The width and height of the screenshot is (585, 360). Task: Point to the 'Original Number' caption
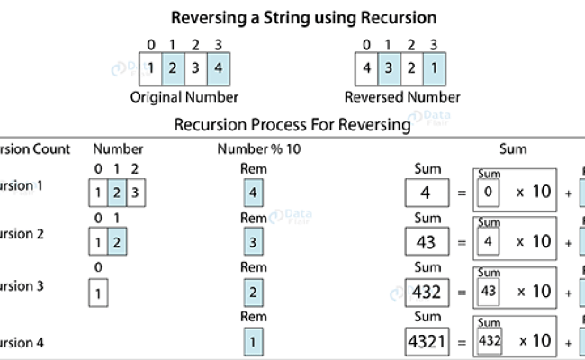click(x=184, y=96)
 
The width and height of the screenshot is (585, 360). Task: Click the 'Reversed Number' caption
click(x=402, y=96)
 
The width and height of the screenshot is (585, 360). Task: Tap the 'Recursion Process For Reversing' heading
click(x=292, y=124)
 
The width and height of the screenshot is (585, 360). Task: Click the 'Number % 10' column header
click(x=258, y=149)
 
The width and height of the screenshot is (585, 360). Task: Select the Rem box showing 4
click(x=254, y=192)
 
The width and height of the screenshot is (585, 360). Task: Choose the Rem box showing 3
click(x=254, y=241)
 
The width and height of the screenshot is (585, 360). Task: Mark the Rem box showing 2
click(x=254, y=292)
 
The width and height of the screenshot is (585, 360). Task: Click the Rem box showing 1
click(x=254, y=342)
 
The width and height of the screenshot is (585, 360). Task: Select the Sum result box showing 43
click(x=427, y=242)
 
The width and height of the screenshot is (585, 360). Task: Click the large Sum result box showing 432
click(x=427, y=292)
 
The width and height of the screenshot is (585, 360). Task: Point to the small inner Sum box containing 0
click(x=489, y=193)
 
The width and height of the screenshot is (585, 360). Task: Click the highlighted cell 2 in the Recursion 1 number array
click(x=117, y=193)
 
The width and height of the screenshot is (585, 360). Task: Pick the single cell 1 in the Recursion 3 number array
click(x=97, y=292)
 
